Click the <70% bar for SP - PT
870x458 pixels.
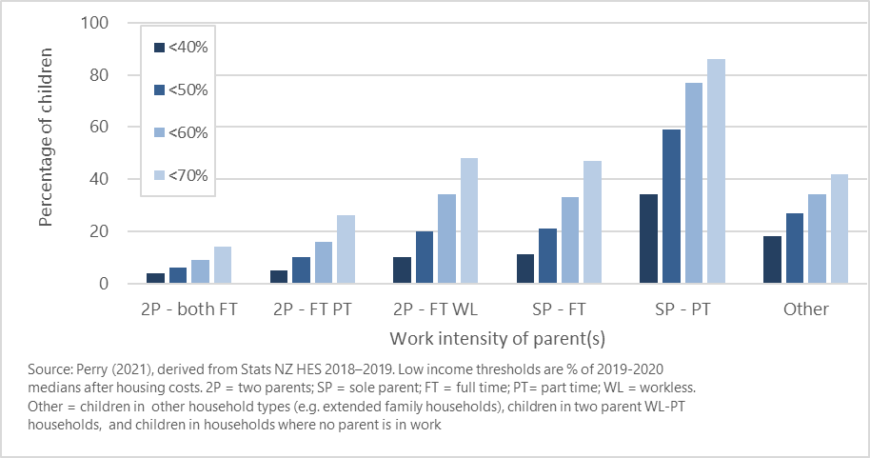[716, 171]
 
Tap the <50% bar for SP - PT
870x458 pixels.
[671, 207]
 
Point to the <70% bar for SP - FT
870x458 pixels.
[592, 222]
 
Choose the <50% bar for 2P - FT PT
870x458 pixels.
[301, 270]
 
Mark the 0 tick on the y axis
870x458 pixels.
[118, 284]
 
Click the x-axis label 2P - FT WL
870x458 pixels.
[435, 309]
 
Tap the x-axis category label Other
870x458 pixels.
[805, 309]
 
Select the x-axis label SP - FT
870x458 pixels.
[559, 309]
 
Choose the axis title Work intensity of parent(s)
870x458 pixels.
[497, 338]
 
